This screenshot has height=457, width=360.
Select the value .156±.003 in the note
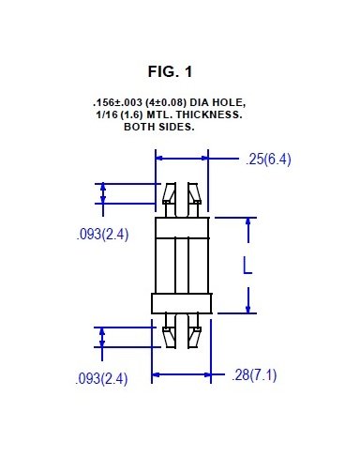pyautogui.click(x=117, y=101)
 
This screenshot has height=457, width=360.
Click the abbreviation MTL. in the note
pyautogui.click(x=164, y=114)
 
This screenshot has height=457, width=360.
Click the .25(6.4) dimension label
pyautogui.click(x=268, y=159)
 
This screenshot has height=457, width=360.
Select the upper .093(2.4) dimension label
pyautogui.click(x=102, y=235)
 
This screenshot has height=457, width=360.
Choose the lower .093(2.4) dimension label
pyautogui.click(x=102, y=378)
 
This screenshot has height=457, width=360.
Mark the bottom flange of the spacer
pyautogui.click(x=182, y=302)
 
